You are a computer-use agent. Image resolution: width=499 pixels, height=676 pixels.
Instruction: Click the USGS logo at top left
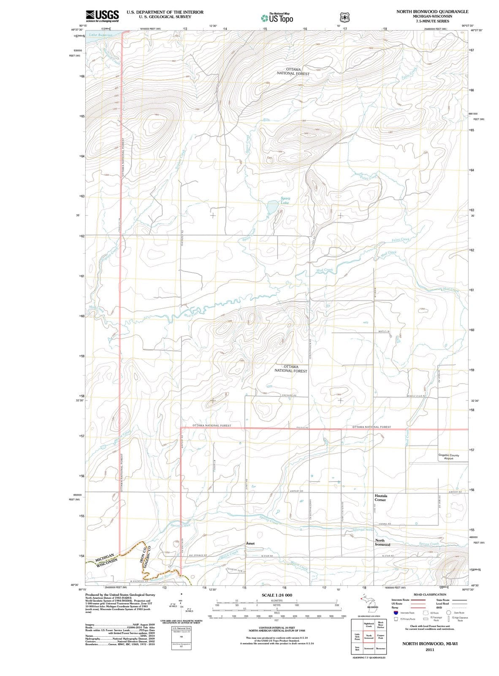point(102,16)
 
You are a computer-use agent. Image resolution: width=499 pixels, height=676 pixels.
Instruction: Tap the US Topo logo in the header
point(277,18)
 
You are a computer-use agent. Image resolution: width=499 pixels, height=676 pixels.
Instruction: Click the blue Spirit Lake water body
point(272,207)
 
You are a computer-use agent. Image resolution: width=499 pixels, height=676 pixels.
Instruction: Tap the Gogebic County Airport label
point(448,457)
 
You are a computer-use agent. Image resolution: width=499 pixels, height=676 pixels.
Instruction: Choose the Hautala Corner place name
point(381,497)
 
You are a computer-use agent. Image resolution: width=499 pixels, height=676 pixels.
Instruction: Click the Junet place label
point(250,543)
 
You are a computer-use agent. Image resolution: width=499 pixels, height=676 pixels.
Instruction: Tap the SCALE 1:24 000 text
point(277,595)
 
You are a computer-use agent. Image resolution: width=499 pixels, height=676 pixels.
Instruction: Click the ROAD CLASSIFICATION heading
point(430,594)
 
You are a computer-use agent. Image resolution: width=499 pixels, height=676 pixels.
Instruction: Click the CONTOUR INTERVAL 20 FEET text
point(277,628)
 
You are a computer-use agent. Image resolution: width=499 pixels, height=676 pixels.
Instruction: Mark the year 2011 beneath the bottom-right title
point(430,649)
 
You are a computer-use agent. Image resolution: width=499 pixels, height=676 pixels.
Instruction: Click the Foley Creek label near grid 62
point(401,240)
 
